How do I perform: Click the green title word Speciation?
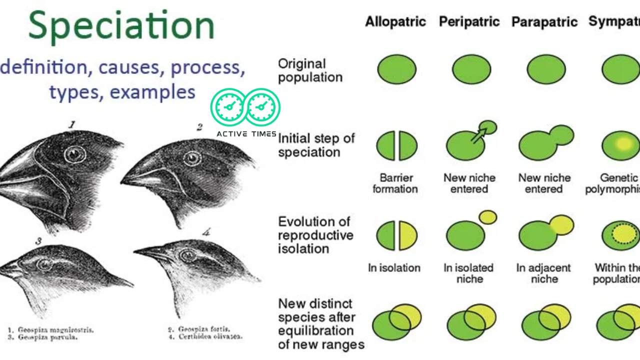tap(121, 26)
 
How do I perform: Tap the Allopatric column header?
tap(395, 22)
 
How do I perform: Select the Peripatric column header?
tap(469, 22)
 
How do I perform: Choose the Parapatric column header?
tap(544, 22)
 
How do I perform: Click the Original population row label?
tap(310, 70)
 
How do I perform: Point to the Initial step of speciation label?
tap(316, 145)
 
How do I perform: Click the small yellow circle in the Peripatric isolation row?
tap(487, 217)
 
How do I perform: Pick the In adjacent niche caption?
tap(544, 273)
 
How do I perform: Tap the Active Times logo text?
tap(246, 134)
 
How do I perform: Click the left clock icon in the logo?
tap(228, 106)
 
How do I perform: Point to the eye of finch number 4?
tap(188, 255)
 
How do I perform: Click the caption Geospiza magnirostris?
tap(55, 330)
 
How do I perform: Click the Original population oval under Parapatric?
tap(546, 69)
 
